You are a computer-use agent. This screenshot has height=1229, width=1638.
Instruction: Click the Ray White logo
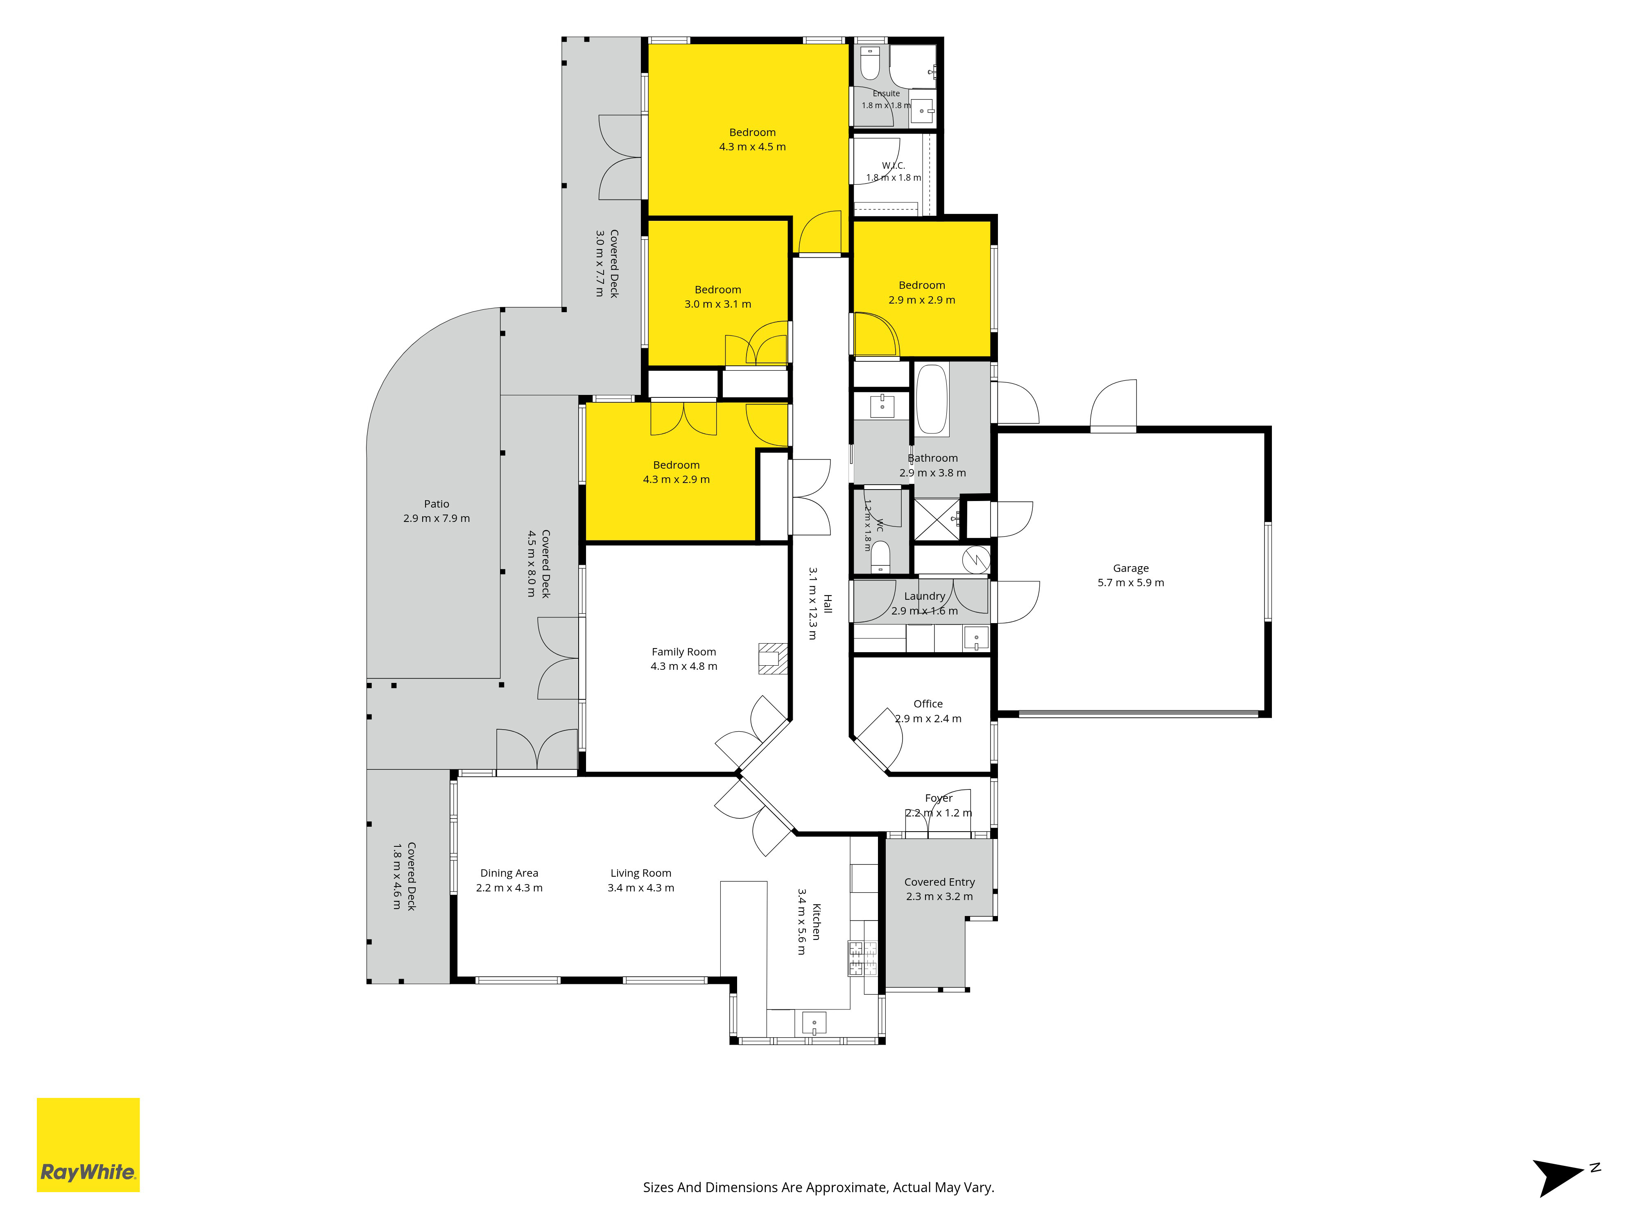[88, 1145]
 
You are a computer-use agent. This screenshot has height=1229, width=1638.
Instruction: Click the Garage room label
[1131, 568]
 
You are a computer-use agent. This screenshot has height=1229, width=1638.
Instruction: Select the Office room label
[928, 704]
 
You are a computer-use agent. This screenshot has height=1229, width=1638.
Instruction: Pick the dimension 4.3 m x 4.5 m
[752, 147]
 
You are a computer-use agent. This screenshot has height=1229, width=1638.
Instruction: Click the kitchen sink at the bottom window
[814, 1023]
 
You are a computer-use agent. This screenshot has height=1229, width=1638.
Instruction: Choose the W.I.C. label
[894, 165]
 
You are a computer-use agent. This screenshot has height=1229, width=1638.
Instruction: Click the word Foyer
[938, 798]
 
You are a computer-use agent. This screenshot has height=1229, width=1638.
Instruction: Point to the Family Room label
[683, 652]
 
